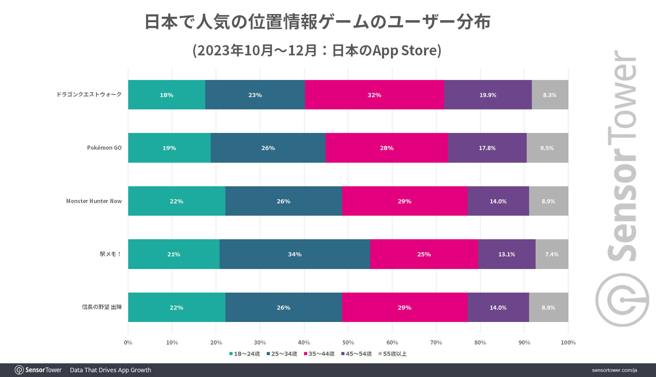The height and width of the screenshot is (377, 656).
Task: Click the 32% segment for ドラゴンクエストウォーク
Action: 374,95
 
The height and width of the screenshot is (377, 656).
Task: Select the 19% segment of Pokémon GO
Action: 169,148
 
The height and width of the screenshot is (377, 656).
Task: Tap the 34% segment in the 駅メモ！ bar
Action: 294,254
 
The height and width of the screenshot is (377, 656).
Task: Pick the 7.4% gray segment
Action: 552,254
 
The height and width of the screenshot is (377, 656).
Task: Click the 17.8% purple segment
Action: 487,148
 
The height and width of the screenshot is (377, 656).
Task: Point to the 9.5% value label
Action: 547,148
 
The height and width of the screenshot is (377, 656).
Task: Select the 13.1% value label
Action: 507,254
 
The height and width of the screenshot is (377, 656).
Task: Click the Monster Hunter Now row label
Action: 94,201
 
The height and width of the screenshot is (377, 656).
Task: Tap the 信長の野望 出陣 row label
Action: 102,307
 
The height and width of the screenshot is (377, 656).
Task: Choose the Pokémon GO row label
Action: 104,148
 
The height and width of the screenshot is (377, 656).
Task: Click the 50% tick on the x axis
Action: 348,342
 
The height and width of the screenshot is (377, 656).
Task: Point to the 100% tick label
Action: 568,342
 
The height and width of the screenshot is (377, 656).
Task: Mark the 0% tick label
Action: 128,342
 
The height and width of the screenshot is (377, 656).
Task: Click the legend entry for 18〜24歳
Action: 245,354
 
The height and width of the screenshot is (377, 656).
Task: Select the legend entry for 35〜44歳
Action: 319,354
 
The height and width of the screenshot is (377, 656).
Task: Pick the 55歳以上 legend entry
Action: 393,354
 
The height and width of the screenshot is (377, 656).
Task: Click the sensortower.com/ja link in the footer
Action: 614,370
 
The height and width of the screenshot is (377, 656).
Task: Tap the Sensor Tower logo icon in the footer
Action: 19,370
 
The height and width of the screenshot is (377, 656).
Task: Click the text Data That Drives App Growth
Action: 110,370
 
